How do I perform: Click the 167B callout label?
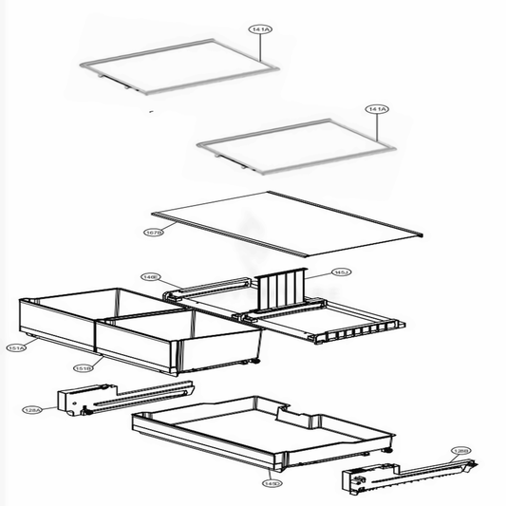pos(154,232)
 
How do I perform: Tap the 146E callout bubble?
pos(150,277)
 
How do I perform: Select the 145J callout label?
pos(341,272)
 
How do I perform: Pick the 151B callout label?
pos(83,365)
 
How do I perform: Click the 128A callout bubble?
pos(31,410)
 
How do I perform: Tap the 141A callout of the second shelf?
pos(376,111)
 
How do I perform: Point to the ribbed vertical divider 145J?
pos(280,290)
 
